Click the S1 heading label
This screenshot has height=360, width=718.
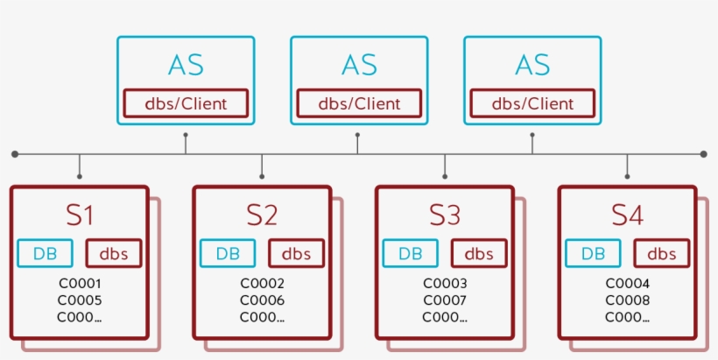[x=80, y=215]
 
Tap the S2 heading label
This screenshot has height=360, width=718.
[x=262, y=215]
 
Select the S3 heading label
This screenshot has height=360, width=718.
[x=444, y=215]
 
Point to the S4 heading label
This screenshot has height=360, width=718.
[x=627, y=215]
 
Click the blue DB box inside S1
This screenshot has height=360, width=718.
[x=46, y=254]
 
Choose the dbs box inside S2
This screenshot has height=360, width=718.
[x=296, y=254]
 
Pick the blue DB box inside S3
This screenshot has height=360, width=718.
[x=410, y=254]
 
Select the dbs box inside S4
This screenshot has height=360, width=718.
[x=661, y=254]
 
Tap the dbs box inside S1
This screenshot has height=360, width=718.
[x=114, y=254]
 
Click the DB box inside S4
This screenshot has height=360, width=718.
[x=593, y=254]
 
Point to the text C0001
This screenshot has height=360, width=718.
[x=80, y=284]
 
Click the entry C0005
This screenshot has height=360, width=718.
[x=80, y=300]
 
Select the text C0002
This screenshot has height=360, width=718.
[x=262, y=284]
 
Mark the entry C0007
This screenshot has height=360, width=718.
[x=445, y=300]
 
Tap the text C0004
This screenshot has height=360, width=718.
[x=627, y=284]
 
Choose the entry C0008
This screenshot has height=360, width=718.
[x=627, y=300]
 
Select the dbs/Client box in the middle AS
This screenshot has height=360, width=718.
[x=359, y=103]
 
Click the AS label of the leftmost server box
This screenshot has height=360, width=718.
[x=186, y=65]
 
